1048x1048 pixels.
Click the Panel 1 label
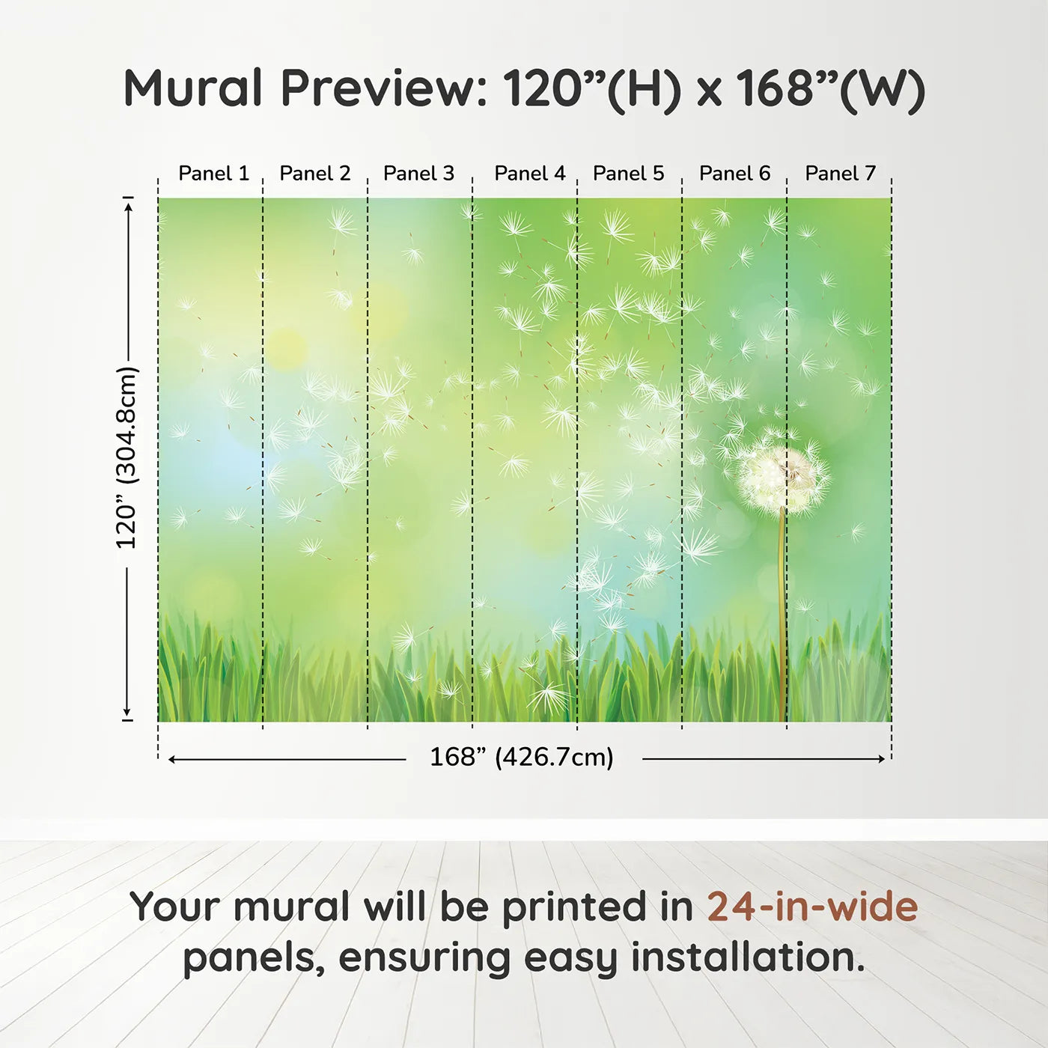point(213,174)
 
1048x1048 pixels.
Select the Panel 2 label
point(314,174)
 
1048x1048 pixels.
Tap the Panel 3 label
point(418,174)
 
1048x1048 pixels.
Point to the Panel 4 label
point(530,174)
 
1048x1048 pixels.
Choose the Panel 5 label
point(628,174)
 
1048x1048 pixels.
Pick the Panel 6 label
point(734,174)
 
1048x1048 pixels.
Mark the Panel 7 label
point(840,174)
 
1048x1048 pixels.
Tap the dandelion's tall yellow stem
point(782,614)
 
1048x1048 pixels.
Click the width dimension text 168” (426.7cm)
point(522,758)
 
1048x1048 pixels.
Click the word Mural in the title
point(193,88)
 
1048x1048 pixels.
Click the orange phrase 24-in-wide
point(812,907)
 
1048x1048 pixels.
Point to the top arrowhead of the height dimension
point(128,204)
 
